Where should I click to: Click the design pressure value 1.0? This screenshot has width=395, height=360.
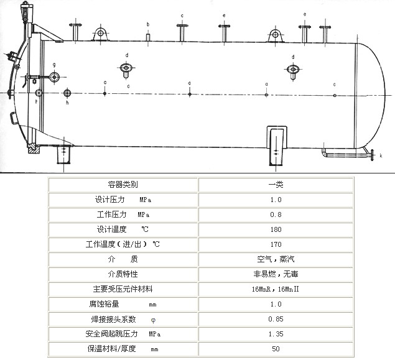coord(276,200)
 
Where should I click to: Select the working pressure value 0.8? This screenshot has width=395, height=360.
coord(276,215)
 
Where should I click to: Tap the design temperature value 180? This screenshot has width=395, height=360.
coord(276,229)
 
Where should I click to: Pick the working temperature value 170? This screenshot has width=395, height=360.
coord(276,244)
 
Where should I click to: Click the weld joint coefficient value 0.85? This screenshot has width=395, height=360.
coord(276,319)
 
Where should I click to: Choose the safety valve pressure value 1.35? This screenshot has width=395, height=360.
coord(276,334)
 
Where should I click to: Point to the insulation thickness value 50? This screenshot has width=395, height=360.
coord(276,349)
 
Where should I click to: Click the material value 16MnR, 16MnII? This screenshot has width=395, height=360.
coord(276,289)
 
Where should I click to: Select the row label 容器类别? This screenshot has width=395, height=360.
coord(123,185)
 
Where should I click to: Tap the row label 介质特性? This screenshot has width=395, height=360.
coord(123,274)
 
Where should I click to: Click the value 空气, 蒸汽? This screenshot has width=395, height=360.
coord(276,259)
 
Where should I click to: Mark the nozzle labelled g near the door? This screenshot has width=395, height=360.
coord(54,77)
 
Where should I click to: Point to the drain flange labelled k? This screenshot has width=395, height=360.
coord(371,154)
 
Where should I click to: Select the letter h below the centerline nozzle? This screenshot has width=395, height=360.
coord(67,103)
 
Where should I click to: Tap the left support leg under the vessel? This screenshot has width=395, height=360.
coord(64,153)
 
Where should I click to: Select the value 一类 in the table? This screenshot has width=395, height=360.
coord(276,185)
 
